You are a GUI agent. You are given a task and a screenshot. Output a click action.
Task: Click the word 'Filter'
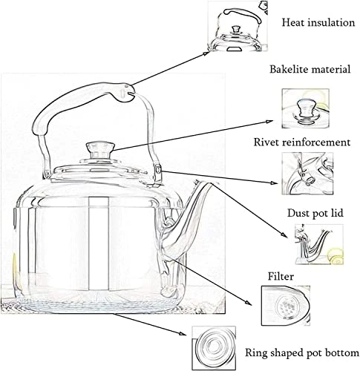(x=281, y=276)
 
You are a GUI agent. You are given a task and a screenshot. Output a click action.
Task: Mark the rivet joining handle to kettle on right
(x=158, y=172)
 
